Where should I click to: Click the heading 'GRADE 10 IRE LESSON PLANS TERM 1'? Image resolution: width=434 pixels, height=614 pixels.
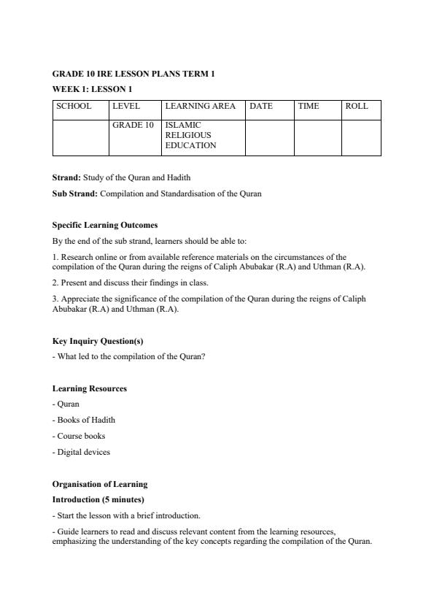(133, 74)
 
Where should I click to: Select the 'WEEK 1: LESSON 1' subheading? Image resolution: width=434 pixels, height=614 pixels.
(92, 89)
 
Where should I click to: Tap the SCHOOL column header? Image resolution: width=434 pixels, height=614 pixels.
(74, 107)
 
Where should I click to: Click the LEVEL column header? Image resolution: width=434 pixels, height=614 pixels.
(126, 107)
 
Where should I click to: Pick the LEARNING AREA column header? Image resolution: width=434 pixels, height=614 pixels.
(201, 107)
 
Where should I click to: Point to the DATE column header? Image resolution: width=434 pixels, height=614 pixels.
(261, 107)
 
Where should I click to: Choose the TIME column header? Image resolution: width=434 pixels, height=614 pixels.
(309, 107)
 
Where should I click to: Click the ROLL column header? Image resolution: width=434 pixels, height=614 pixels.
(357, 107)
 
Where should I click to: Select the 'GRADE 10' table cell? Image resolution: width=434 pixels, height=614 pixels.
(133, 126)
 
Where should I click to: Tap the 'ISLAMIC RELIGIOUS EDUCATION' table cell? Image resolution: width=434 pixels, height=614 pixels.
(191, 135)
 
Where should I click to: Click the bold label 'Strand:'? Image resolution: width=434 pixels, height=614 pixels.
(66, 177)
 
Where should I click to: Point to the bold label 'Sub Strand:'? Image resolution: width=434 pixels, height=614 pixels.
(75, 193)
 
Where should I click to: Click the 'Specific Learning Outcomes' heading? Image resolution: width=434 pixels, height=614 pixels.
(105, 225)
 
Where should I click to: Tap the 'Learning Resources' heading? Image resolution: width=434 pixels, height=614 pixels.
(90, 388)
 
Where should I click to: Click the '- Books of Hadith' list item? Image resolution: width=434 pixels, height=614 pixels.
(84, 420)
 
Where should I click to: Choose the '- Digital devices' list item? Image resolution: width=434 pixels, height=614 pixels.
(82, 452)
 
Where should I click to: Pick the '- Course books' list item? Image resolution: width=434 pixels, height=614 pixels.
(79, 436)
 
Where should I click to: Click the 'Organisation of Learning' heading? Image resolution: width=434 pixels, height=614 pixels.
(100, 484)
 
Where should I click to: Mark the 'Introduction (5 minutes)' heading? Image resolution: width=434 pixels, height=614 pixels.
(98, 499)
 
